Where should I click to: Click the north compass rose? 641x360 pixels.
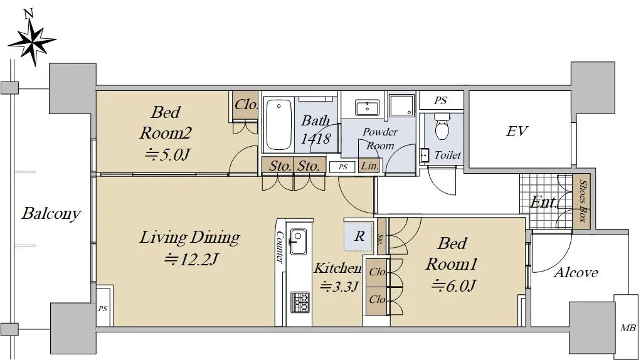(32, 40)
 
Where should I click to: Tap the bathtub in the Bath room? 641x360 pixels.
(279, 125)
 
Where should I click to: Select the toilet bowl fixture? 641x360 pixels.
(442, 127)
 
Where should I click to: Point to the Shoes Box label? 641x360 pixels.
(582, 201)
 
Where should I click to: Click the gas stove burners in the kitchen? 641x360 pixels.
(300, 302)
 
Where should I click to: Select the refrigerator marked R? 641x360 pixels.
(359, 236)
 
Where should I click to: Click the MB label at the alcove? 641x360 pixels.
(627, 327)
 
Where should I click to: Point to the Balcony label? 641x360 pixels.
(51, 213)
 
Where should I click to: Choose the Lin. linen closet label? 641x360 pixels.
(369, 166)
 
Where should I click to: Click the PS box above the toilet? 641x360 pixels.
(441, 100)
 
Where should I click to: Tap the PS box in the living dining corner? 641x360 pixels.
(103, 308)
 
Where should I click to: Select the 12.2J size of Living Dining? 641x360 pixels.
(191, 259)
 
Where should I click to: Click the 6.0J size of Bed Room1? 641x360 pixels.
(453, 285)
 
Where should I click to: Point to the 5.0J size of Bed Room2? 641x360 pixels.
(167, 154)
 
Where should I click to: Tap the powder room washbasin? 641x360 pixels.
(367, 108)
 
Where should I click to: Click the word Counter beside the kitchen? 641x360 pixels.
(280, 247)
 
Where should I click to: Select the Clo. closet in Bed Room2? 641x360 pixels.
(245, 105)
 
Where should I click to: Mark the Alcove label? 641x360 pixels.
(576, 273)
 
